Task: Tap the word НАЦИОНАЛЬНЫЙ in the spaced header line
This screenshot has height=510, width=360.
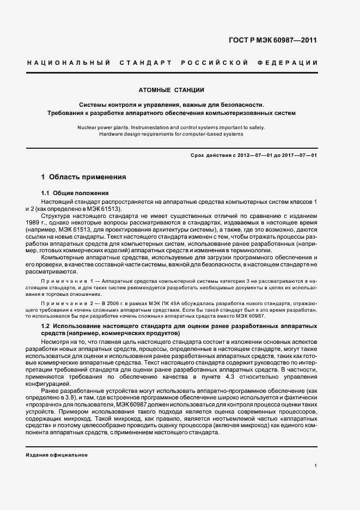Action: point(69,63)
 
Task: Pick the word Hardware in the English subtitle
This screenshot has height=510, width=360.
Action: point(113,134)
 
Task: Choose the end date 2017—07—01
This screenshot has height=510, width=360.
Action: point(298,155)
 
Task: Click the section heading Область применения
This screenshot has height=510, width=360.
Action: point(88,177)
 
